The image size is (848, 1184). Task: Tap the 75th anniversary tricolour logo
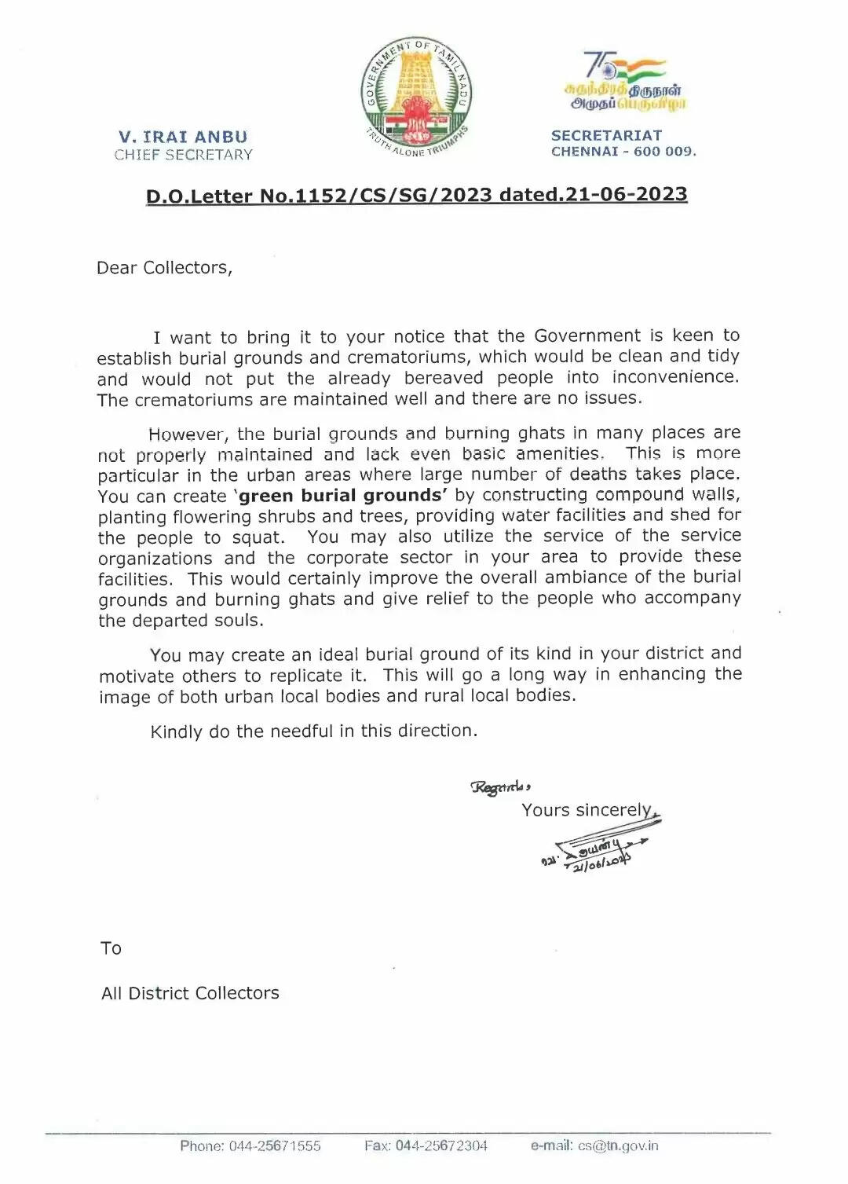pyautogui.click(x=624, y=81)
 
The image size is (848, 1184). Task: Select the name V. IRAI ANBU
pyautogui.click(x=183, y=137)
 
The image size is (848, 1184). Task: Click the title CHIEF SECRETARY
pyautogui.click(x=183, y=155)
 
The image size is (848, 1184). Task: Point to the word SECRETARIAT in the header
pyautogui.click(x=606, y=135)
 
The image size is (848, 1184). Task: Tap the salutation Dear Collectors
pyautogui.click(x=164, y=268)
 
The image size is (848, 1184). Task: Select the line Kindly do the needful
pyautogui.click(x=313, y=731)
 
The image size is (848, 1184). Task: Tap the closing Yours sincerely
pyautogui.click(x=587, y=810)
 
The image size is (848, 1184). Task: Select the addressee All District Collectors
pyautogui.click(x=190, y=993)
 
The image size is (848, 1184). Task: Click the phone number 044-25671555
pyautogui.click(x=274, y=1146)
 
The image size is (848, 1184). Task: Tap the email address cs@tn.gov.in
pyautogui.click(x=618, y=1146)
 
